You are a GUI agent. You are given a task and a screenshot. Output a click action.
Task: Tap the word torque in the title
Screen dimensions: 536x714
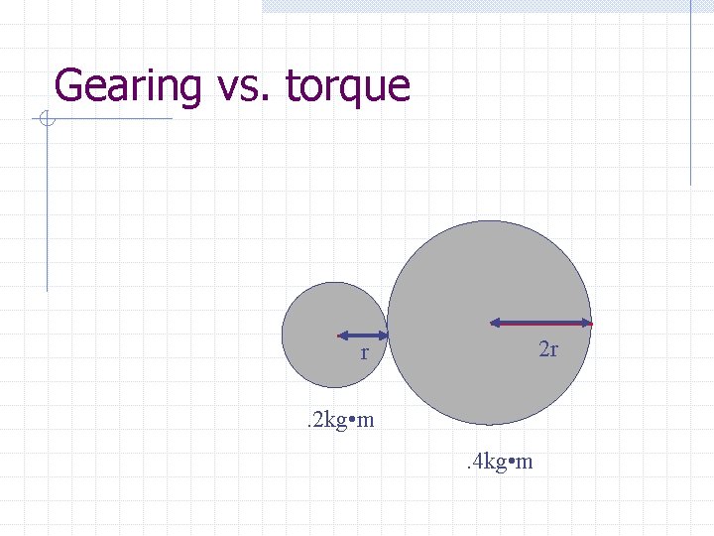coord(347,87)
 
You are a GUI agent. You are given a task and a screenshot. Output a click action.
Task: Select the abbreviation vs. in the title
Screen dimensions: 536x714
coord(242,86)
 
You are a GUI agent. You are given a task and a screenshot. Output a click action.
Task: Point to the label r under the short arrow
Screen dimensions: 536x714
coord(365,353)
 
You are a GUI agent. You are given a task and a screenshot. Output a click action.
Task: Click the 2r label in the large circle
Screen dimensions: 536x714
coord(548,349)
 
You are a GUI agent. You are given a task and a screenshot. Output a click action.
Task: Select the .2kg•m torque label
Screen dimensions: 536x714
coord(338,420)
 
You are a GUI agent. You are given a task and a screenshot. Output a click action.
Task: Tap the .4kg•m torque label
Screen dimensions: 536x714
coord(498,462)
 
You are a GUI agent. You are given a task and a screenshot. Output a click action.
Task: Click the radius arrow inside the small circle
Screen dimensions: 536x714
coord(363,335)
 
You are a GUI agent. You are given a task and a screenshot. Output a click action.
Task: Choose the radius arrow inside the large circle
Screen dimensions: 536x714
coord(541,323)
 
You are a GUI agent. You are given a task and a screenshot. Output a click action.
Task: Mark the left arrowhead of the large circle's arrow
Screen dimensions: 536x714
coord(495,323)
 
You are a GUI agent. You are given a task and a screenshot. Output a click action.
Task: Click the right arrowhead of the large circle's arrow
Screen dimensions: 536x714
coord(587,323)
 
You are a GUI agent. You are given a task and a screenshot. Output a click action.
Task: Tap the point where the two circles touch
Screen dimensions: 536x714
coord(387,334)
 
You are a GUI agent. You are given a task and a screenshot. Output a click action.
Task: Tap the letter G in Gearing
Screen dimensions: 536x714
coord(69,85)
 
